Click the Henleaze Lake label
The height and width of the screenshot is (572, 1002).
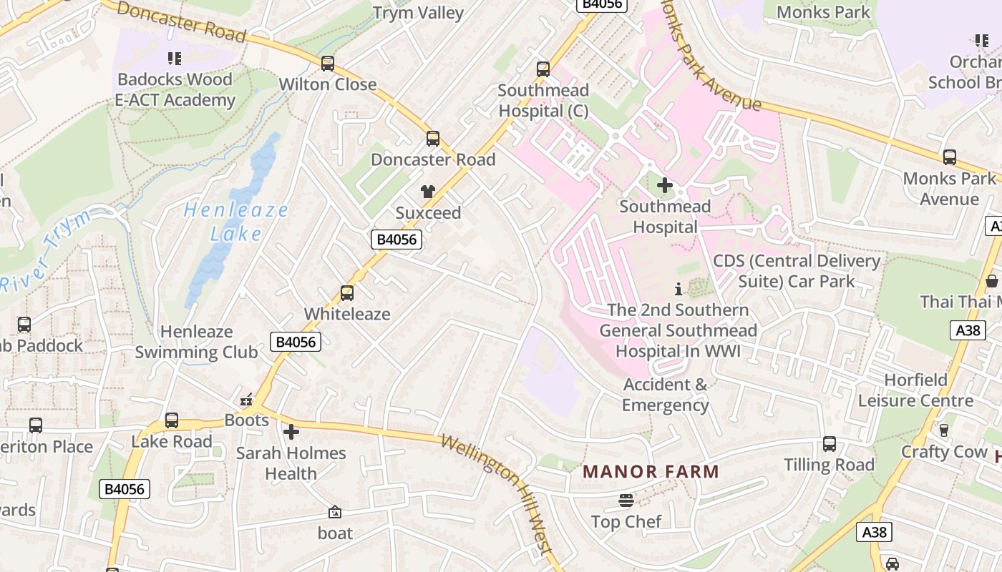point(236,222)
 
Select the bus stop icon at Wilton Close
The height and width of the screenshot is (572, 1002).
point(328,64)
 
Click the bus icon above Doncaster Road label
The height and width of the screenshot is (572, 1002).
point(433,139)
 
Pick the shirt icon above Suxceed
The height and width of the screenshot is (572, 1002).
point(428,192)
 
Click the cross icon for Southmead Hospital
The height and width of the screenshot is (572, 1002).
point(665,186)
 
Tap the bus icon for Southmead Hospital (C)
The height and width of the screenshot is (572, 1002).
point(543,69)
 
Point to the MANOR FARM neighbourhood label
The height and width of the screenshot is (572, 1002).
point(651,472)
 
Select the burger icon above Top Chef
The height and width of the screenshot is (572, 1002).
point(626,500)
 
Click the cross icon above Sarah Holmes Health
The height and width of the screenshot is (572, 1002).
point(291,432)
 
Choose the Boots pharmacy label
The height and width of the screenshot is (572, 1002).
point(247,420)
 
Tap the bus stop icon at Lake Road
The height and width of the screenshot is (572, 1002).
point(172,420)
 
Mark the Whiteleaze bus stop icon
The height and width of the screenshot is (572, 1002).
point(347,293)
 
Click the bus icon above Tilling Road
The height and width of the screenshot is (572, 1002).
point(830,444)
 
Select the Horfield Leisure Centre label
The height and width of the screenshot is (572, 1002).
point(915,390)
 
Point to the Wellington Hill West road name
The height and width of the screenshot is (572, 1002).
point(497,493)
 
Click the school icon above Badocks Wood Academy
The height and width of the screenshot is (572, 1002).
point(175,59)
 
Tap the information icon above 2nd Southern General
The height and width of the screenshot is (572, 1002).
point(678,290)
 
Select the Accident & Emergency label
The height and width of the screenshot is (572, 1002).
point(665,395)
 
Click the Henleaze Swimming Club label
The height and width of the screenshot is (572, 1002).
point(196,342)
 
